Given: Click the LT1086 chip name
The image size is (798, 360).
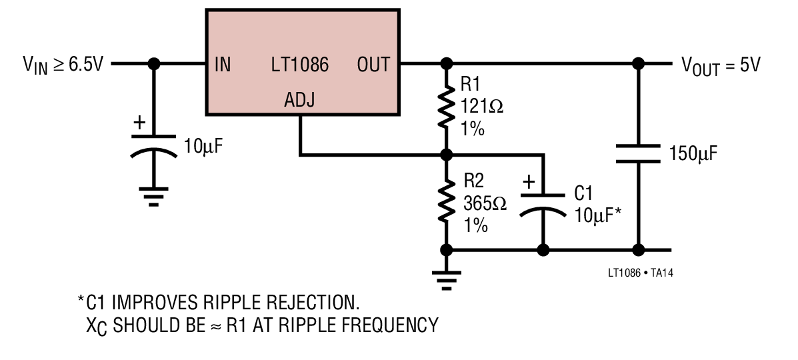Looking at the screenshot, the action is pyautogui.click(x=299, y=65).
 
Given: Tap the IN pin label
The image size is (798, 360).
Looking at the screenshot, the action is pyautogui.click(x=223, y=65).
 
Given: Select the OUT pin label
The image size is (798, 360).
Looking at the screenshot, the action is pyautogui.click(x=373, y=65).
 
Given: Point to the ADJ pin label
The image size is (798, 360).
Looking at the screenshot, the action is pyautogui.click(x=299, y=100).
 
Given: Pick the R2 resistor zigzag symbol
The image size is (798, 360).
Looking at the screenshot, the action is pyautogui.click(x=446, y=201).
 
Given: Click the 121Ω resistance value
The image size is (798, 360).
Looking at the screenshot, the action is pyautogui.click(x=482, y=107).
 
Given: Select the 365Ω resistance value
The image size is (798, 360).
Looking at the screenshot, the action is pyautogui.click(x=485, y=204).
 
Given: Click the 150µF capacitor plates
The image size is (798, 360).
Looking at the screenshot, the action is pyautogui.click(x=638, y=154).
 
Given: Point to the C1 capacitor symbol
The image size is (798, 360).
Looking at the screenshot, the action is pyautogui.click(x=543, y=205).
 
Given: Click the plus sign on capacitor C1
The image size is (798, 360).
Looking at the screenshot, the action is pyautogui.click(x=529, y=181).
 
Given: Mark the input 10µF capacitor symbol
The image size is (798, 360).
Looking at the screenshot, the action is pyautogui.click(x=154, y=146).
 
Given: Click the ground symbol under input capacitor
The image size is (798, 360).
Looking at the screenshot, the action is pyautogui.click(x=154, y=197).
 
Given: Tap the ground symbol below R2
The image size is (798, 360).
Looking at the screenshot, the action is pyautogui.click(x=446, y=281).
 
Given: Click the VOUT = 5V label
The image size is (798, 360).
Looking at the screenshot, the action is pyautogui.click(x=721, y=66).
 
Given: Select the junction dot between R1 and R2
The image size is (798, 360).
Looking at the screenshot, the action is pyautogui.click(x=446, y=154).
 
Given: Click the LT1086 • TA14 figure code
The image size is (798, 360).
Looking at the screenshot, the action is pyautogui.click(x=641, y=273).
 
